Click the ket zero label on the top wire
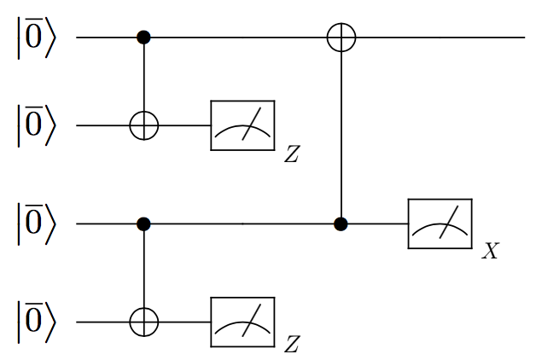coord(36,38)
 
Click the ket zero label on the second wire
coord(36,126)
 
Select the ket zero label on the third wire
coord(36,224)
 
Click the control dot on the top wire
coord(143,38)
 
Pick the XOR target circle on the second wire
coord(143,126)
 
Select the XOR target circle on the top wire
coord(341,38)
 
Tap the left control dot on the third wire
coord(143,224)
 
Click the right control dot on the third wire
coord(341,224)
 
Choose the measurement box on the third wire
coord(440,224)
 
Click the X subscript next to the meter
coord(490,253)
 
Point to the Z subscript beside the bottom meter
coord(292,345)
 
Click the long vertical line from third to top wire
coord(341,136)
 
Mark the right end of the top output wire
coord(521,38)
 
